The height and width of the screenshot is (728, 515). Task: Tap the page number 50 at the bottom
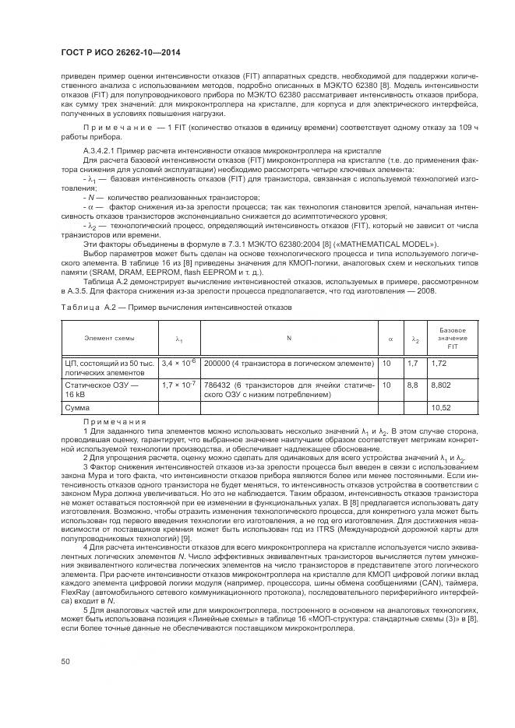[x=66, y=661]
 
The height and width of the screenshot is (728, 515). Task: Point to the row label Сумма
[x=77, y=407]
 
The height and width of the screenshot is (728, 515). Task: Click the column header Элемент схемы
[x=109, y=338]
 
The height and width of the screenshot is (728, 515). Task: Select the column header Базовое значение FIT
[x=453, y=338]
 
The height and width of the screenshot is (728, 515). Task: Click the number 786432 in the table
[x=219, y=385]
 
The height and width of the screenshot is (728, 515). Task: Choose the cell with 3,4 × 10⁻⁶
[x=179, y=363]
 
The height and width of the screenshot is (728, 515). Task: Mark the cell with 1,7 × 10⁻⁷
[x=179, y=385]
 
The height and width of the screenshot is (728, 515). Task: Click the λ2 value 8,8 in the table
[x=413, y=385]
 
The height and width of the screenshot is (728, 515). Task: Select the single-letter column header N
[x=288, y=338]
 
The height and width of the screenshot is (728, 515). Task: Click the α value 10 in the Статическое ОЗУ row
[x=386, y=385]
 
